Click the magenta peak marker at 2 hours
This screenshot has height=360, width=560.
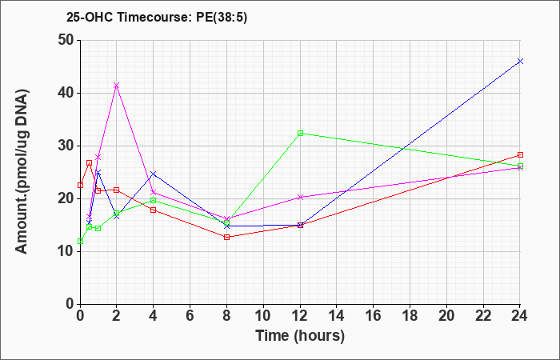[117, 86]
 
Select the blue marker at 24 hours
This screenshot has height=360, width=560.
[520, 61]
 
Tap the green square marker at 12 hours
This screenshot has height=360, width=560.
[300, 134]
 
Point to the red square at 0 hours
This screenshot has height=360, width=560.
[80, 185]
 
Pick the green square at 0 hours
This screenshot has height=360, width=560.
[80, 241]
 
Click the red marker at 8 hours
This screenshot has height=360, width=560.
[226, 237]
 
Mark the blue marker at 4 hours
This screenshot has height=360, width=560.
[154, 174]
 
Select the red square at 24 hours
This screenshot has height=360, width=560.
[520, 154]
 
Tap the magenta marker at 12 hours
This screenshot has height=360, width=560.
[300, 197]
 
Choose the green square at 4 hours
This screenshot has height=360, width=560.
[154, 200]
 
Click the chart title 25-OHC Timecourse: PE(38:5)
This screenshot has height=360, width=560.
[157, 18]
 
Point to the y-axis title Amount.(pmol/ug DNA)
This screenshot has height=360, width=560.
[22, 172]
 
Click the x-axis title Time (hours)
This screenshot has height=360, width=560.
[300, 336]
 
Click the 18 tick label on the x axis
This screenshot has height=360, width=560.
[410, 316]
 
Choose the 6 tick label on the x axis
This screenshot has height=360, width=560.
[190, 316]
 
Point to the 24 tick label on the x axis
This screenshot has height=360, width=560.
[519, 316]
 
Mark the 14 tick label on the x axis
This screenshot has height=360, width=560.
[337, 316]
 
